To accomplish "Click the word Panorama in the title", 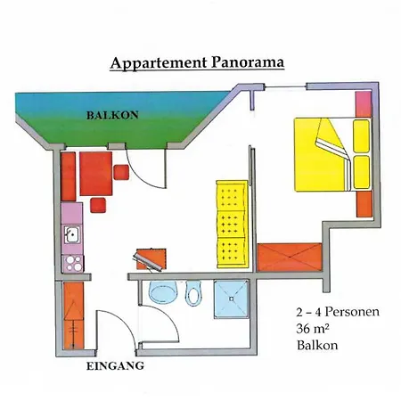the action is coord(248,62).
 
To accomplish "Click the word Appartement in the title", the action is coord(159,63).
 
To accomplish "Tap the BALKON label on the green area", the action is coord(112,115).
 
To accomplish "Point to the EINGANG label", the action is coord(115,365).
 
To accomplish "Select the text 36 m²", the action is coord(312,329).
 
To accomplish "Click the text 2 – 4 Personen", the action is coord(338,312).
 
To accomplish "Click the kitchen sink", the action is coord(72,234).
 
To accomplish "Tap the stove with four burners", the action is coord(72,263).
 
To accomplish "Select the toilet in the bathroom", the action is coord(193,293).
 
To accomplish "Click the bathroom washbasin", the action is coord(163,291).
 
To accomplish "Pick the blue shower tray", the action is coord(232,299).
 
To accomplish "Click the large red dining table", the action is coord(95,174).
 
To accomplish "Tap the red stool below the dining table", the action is coord(98,205).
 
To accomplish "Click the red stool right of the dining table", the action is coord(121,172).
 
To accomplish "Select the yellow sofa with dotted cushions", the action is coord(232,225).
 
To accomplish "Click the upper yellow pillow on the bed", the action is coord(362,136).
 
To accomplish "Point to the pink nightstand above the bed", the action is coord(364,104).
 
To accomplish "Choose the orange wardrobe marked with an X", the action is coord(290,258).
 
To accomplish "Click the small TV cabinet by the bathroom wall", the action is coord(151,259).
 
